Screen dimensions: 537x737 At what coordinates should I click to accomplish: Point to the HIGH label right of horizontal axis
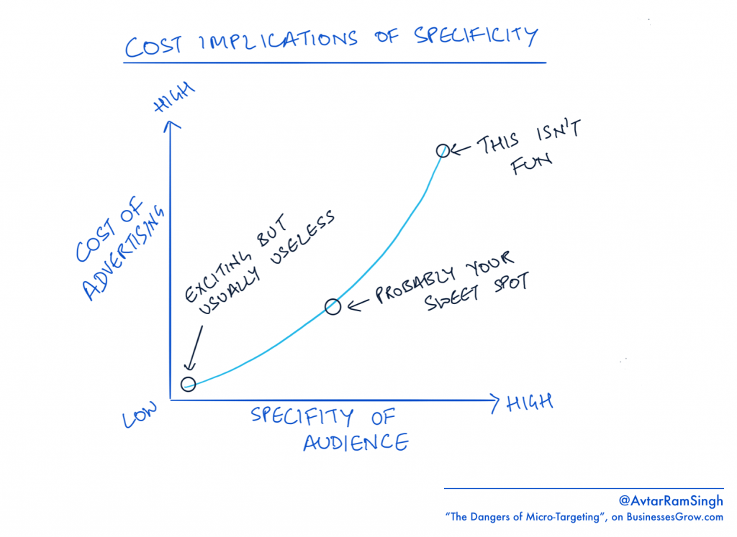tap(529, 401)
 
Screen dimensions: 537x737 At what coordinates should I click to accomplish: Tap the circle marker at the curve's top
tap(443, 150)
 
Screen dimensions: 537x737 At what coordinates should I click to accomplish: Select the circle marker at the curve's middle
tap(332, 307)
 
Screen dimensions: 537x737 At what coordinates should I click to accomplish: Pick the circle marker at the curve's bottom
tap(188, 383)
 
